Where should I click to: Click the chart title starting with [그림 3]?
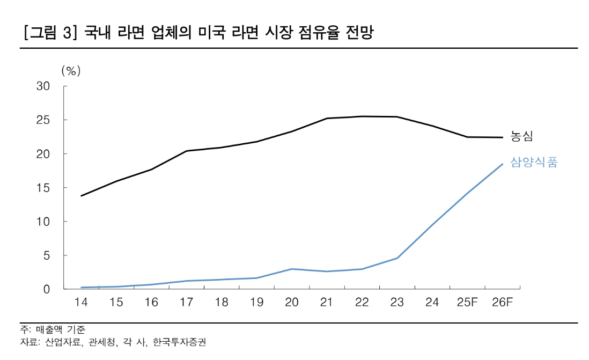[x=198, y=33]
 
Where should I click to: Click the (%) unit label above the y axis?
[x=70, y=70]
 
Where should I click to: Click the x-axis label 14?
[x=82, y=303]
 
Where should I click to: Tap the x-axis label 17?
[x=186, y=303]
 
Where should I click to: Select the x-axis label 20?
[x=291, y=303]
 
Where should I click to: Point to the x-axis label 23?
[x=396, y=303]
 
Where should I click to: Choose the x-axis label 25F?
[x=467, y=303]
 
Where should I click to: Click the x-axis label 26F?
[x=502, y=303]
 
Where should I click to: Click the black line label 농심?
[x=521, y=136]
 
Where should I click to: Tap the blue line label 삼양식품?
[x=534, y=163]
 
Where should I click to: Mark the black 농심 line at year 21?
[x=327, y=118]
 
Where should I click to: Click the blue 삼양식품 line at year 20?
[x=291, y=269]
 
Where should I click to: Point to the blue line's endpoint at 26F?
[x=502, y=164]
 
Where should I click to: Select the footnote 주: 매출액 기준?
[x=53, y=329]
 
